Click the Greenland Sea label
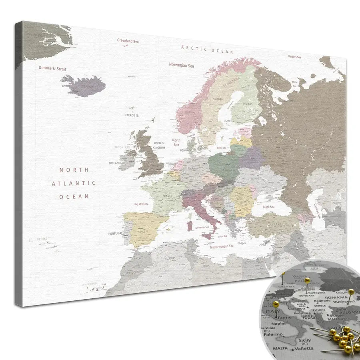click(128, 40)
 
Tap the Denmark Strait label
click(52, 68)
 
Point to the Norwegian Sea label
click(181, 65)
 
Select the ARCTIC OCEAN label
click(207, 49)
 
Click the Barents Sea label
click(294, 57)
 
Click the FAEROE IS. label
click(132, 115)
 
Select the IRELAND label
click(115, 163)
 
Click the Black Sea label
click(268, 207)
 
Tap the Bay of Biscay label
click(141, 204)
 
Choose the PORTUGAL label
click(115, 234)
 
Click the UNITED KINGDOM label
click(159, 145)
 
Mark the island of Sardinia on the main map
click(189, 226)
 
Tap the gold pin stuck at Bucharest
click(351, 292)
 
